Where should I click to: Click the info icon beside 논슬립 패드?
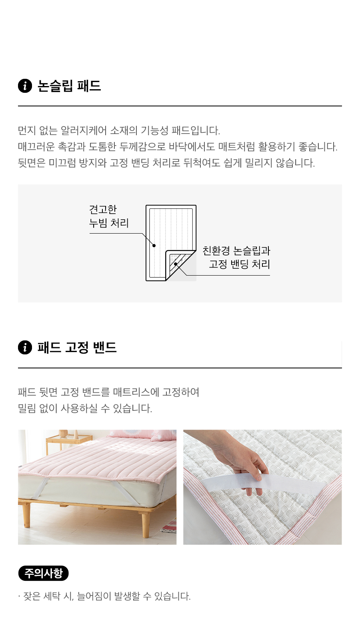coord(25,86)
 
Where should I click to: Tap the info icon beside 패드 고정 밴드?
coord(25,348)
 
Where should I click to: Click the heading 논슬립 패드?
coord(70,86)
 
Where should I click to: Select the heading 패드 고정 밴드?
coord(77,348)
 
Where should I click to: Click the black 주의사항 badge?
coord(44,573)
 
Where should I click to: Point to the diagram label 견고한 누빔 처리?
coord(109,216)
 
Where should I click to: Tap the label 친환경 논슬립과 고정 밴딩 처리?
coord(236,258)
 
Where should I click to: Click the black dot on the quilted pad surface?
coord(154,246)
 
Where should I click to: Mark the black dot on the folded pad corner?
coord(176,264)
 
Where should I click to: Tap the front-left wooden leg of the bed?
coord(26,516)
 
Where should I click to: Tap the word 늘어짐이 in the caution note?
coord(94,596)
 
